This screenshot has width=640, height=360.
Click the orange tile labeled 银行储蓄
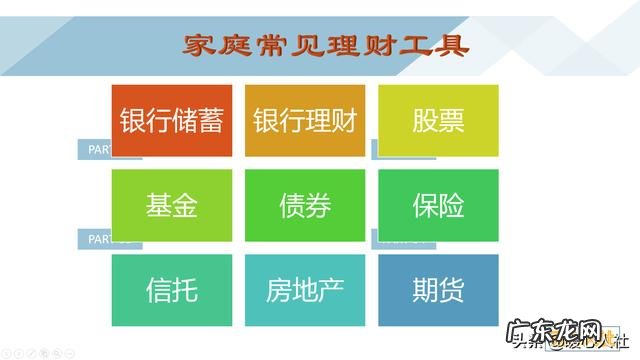pos(171,120)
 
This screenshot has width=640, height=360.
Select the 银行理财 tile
pos(304,120)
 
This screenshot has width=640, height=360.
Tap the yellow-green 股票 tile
pos(438,120)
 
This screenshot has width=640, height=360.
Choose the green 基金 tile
pos(171,205)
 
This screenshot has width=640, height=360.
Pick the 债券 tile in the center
pos(304,205)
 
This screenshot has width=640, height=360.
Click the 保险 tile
pos(438,205)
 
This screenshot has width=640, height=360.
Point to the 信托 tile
pos(171,290)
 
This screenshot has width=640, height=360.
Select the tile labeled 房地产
pos(304,290)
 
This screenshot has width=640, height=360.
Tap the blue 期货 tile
pos(438,290)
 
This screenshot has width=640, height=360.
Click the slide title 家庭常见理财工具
pos(326,45)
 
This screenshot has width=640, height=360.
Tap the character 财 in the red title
pos(381,45)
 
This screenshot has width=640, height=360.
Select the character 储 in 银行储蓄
pos(184,120)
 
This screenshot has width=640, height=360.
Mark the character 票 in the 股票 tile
pos(451,120)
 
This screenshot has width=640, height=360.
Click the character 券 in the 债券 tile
pos(318,205)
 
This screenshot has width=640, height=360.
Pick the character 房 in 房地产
pos(279,290)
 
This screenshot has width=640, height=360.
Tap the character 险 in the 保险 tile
pos(451,205)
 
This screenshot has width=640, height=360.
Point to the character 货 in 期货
pos(451,290)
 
